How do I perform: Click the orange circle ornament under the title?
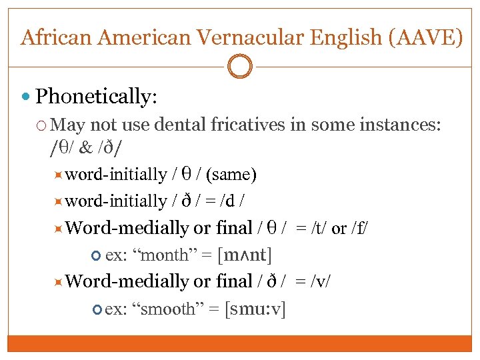tap(240, 66)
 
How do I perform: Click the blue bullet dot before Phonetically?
tap(26, 97)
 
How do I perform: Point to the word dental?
tap(179, 124)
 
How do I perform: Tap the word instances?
tap(403, 124)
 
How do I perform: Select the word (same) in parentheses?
tap(231, 175)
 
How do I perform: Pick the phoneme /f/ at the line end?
tap(359, 229)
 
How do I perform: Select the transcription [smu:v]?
tap(255, 309)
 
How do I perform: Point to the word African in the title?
tap(57, 37)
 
